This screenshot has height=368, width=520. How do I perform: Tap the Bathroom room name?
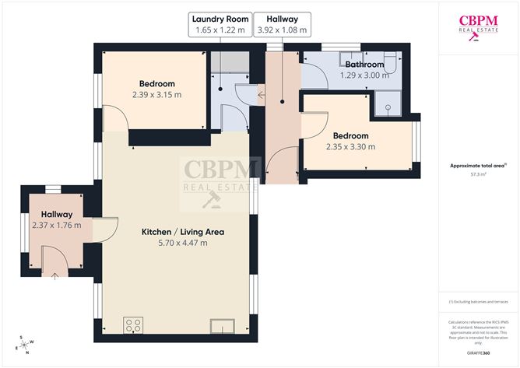pos(364,64)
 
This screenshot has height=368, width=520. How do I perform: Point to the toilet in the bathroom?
pos(390,59)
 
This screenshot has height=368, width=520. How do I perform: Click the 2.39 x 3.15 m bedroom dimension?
pos(156,95)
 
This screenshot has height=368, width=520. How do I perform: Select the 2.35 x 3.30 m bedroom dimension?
pos(350,145)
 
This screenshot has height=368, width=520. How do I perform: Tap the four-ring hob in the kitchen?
pos(132,324)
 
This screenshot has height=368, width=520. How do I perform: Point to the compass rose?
pos(26,343)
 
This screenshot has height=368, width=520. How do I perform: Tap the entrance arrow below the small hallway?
pos(55,275)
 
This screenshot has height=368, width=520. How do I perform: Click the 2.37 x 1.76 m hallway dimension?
pos(57,225)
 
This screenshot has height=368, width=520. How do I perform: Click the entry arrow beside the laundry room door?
pos(261,96)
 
